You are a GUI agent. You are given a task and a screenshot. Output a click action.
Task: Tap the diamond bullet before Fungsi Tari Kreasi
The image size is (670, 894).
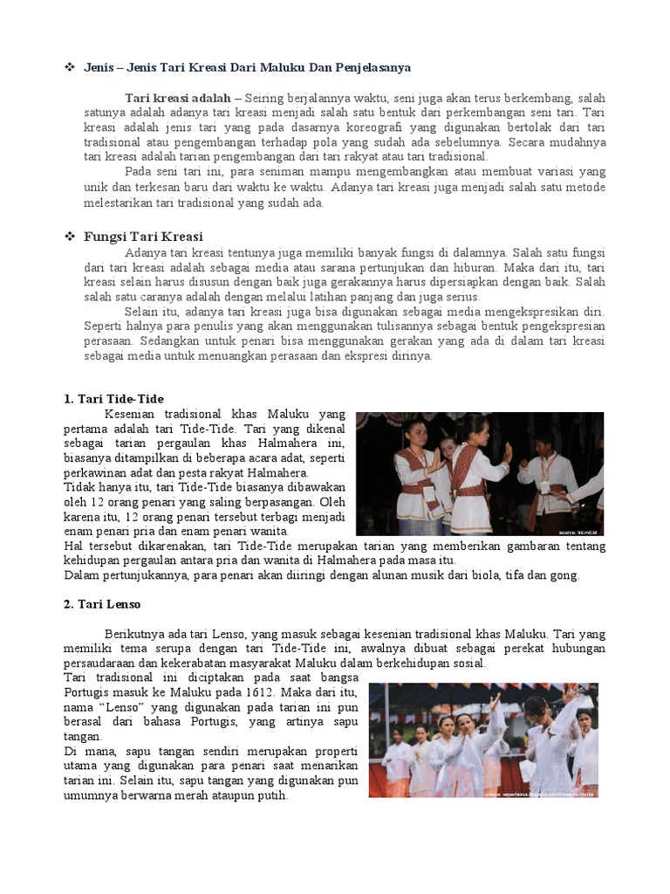[x=69, y=237]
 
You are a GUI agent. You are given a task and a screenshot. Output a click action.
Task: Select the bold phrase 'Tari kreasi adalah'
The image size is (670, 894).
[x=178, y=99]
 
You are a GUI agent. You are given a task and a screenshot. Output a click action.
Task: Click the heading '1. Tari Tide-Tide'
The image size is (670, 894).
[x=113, y=399]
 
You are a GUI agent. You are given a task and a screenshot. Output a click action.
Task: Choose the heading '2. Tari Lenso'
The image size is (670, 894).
[x=102, y=604]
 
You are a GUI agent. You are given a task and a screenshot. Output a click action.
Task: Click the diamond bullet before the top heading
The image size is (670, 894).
[x=69, y=67]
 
